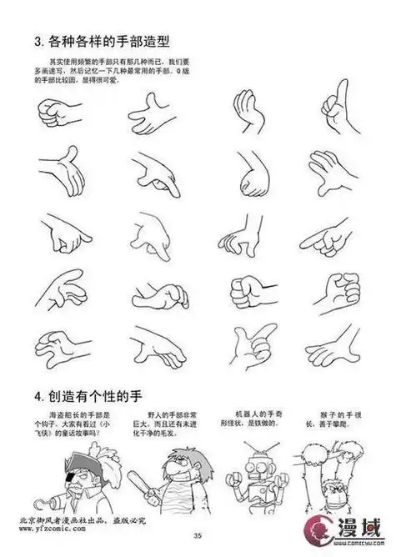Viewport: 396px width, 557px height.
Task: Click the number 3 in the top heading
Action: [37, 40]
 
